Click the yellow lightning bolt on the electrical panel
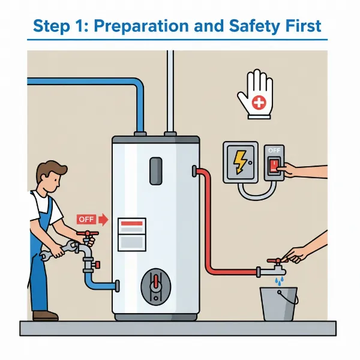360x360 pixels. pos(240,161)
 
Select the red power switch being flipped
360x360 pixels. pos(274,166)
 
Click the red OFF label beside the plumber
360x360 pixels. pos(86,220)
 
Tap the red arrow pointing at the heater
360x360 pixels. pos(103,220)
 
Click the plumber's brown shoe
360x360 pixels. pos(45,315)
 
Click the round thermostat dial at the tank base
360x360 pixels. pos(155,287)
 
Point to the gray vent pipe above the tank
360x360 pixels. pos(171,90)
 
